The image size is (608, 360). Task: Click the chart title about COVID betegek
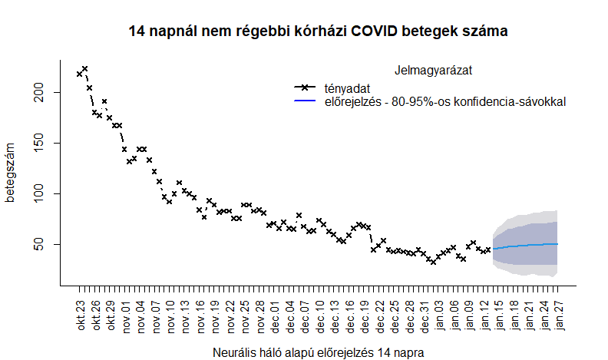[319, 31]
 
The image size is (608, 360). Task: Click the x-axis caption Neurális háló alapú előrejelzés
[318, 352]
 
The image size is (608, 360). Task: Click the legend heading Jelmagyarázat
[432, 70]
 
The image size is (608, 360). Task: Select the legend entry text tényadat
[347, 88]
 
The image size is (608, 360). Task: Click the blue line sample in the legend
[306, 101]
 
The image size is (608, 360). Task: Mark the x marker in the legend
[306, 88]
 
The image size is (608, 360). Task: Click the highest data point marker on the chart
[84, 69]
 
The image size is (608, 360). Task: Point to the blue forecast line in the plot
[530, 245]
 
